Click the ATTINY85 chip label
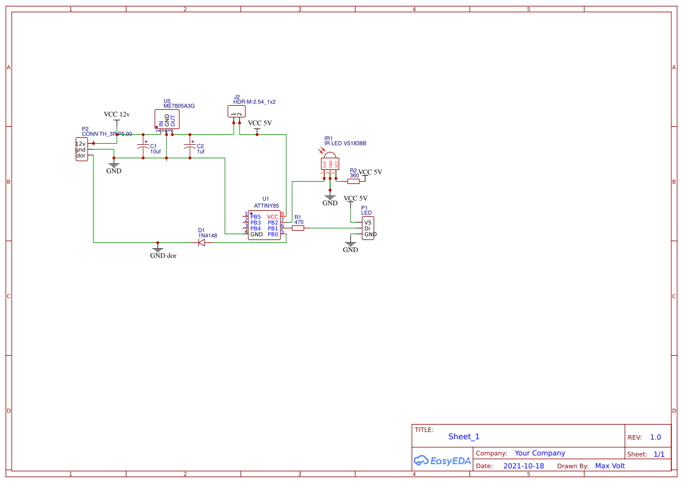(x=266, y=206)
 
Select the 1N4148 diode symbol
(x=202, y=242)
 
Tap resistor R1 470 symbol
(x=298, y=228)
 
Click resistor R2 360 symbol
(x=353, y=181)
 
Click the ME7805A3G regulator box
(x=167, y=119)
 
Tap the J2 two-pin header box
(x=235, y=112)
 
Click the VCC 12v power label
(x=116, y=114)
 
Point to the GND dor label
(x=163, y=256)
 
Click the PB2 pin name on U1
(x=273, y=223)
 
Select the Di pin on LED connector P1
(x=367, y=228)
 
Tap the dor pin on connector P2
(x=81, y=156)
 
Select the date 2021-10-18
(x=523, y=466)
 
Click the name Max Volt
(x=609, y=466)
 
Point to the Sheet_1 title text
(x=464, y=437)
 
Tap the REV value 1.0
(x=655, y=437)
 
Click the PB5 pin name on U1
(x=255, y=217)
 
